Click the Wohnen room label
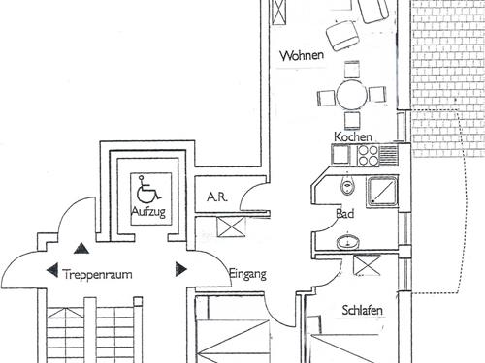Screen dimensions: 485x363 pyautogui.click(x=302, y=55)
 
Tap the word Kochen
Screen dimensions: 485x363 pyautogui.click(x=353, y=136)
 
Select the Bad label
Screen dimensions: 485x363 pyautogui.click(x=345, y=214)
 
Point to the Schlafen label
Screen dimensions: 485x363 pyautogui.click(x=362, y=310)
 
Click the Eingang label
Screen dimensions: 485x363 pyautogui.click(x=247, y=274)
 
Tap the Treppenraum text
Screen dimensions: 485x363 pyautogui.click(x=98, y=275)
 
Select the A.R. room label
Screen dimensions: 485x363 pyautogui.click(x=217, y=197)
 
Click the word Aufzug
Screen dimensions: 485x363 pyautogui.click(x=148, y=212)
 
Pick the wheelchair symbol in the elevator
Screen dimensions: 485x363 pyautogui.click(x=147, y=188)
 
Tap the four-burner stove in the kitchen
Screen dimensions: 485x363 pyautogui.click(x=368, y=156)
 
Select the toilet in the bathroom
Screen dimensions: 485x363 pyautogui.click(x=347, y=185)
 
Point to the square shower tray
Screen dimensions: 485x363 pyautogui.click(x=382, y=192)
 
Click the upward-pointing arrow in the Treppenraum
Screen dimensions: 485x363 pyautogui.click(x=81, y=248)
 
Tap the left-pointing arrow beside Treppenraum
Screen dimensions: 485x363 pyautogui.click(x=52, y=270)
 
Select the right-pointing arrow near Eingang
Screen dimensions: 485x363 pyautogui.click(x=181, y=269)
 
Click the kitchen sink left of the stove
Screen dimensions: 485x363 pyautogui.click(x=340, y=156)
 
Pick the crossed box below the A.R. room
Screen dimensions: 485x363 pyautogui.click(x=231, y=227)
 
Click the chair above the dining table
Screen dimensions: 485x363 pyautogui.click(x=352, y=70)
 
